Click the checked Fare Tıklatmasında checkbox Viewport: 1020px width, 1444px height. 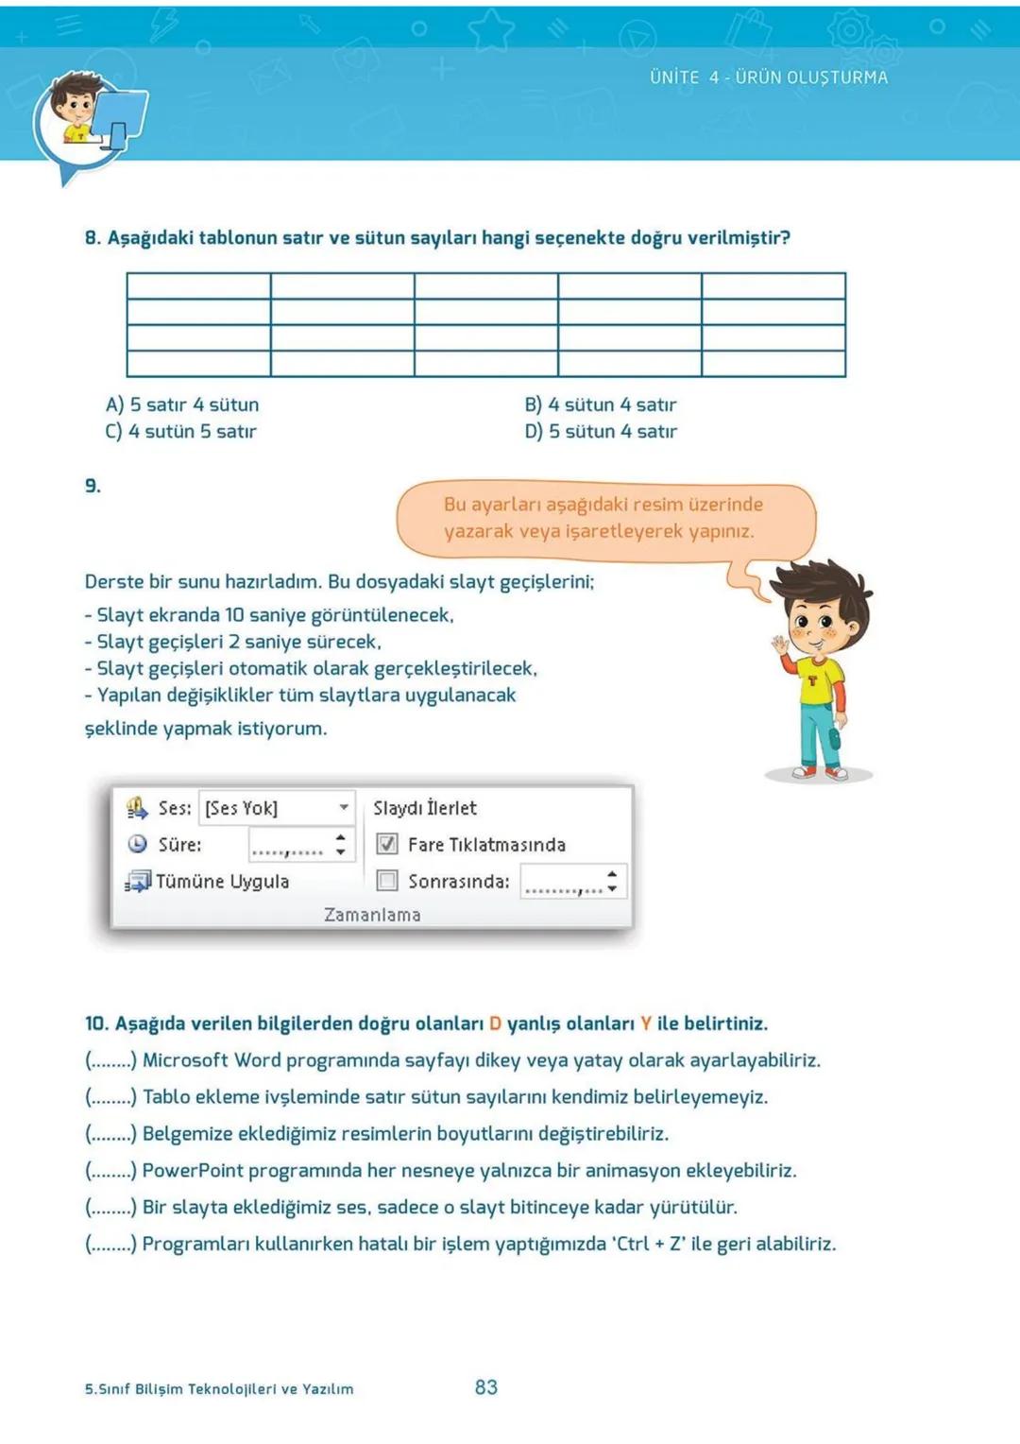387,844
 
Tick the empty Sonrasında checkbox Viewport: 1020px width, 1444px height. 387,881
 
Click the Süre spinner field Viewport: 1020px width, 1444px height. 300,845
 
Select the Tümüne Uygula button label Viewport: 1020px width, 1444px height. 222,882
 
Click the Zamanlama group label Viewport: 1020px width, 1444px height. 372,915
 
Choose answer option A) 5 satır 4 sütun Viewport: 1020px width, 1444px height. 182,404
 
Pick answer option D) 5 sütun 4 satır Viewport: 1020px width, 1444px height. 601,431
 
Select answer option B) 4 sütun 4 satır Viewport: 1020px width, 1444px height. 601,404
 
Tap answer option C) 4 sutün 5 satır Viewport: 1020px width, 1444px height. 180,431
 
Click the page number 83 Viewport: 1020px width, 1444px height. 485,1387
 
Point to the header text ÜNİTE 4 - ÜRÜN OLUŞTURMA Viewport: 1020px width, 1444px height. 768,77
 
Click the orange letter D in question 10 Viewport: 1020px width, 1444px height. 495,1023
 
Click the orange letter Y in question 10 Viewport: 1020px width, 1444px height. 646,1023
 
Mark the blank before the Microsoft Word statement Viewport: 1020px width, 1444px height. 111,1060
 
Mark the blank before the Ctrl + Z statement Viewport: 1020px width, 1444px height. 111,1244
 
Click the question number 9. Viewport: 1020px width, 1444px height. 93,486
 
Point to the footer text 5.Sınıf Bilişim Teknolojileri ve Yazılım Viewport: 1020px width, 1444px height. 219,1389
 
